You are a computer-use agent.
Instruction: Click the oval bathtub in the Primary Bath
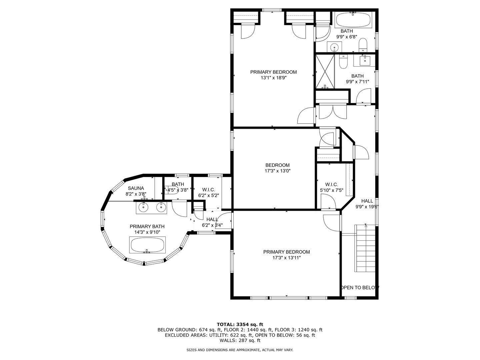(147, 245)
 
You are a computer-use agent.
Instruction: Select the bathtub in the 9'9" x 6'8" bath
(353, 20)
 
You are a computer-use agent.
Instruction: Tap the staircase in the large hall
(366, 248)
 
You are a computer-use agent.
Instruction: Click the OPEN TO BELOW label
(360, 287)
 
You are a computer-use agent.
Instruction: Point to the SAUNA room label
(136, 188)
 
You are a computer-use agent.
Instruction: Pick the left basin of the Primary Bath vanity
(143, 208)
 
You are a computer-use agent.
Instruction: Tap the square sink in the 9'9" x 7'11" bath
(365, 60)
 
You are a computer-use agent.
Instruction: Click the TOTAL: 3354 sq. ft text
(240, 324)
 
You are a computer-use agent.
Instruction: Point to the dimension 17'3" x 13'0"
(277, 171)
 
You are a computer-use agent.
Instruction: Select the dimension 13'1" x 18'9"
(273, 78)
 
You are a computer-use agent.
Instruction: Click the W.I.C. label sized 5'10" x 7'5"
(332, 184)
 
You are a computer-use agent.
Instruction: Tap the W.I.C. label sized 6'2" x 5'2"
(208, 190)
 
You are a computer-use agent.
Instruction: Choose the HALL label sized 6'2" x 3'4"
(212, 219)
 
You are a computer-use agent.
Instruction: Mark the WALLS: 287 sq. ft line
(240, 340)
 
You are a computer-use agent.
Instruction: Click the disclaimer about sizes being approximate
(240, 350)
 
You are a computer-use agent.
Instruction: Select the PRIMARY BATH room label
(147, 226)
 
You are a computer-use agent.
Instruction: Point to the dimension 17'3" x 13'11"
(286, 258)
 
